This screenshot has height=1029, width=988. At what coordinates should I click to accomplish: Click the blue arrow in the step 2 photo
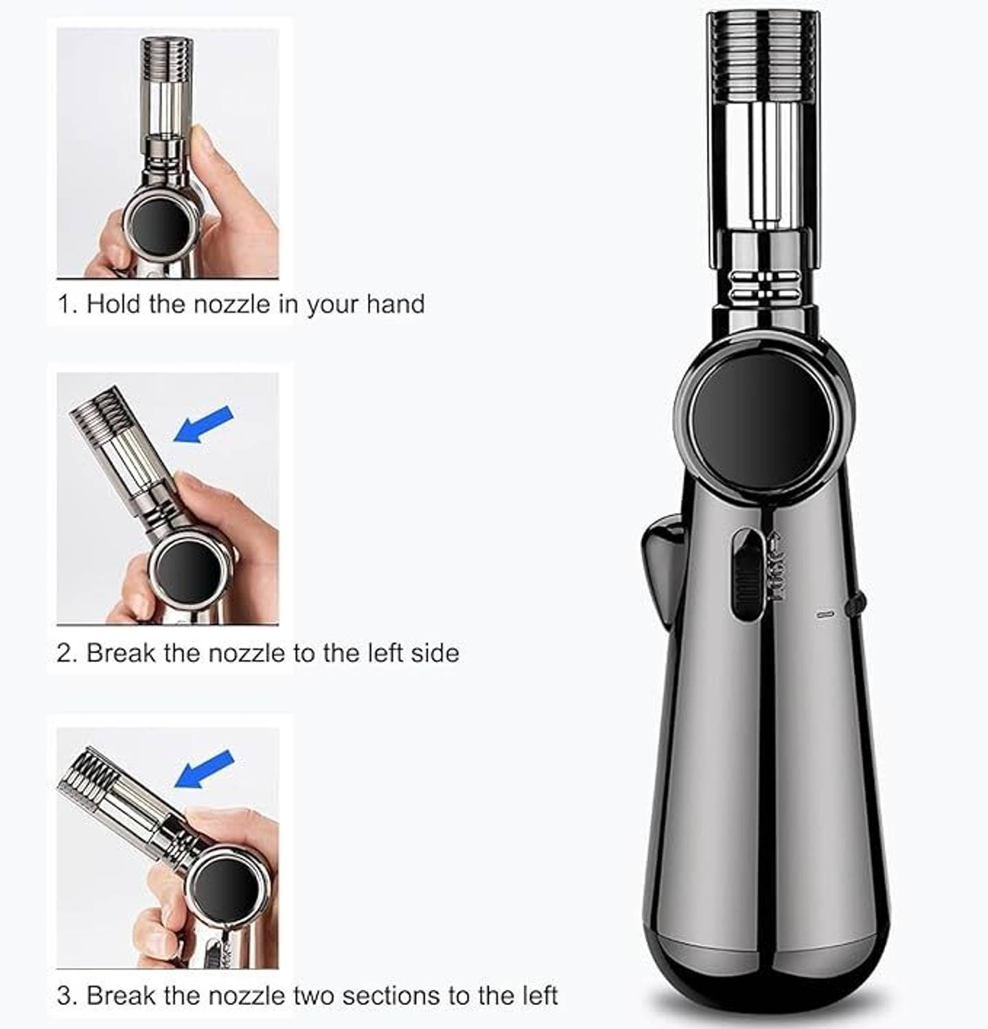[x=203, y=424]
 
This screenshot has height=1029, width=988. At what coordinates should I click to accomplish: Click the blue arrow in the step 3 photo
[x=204, y=769]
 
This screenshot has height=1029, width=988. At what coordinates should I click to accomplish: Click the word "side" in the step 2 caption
[x=435, y=652]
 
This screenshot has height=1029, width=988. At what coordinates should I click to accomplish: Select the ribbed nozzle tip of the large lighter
[x=763, y=57]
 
